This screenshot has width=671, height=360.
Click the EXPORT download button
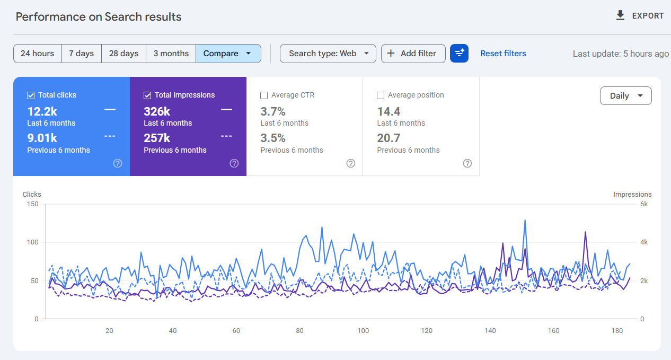640,16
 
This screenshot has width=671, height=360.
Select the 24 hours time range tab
37,54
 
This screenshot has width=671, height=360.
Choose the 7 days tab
81,54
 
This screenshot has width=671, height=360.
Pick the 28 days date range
123,54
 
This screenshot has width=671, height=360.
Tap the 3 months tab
171,54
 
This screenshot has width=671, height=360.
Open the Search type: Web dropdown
328,54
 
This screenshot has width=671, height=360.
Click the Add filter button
413,54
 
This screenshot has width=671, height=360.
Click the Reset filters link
503,54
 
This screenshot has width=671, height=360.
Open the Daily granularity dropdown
625,96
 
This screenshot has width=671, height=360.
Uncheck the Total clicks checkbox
31,95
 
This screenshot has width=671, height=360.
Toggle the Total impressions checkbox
147,95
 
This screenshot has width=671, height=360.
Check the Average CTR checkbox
264,95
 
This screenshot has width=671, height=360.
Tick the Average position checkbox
381,95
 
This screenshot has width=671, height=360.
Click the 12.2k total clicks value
42,111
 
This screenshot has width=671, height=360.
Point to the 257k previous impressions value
157,138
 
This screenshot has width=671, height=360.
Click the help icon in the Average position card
467,163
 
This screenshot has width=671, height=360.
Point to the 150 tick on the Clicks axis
33,204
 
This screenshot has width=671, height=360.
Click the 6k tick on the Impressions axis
643,204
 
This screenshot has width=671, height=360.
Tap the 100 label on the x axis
363,331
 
